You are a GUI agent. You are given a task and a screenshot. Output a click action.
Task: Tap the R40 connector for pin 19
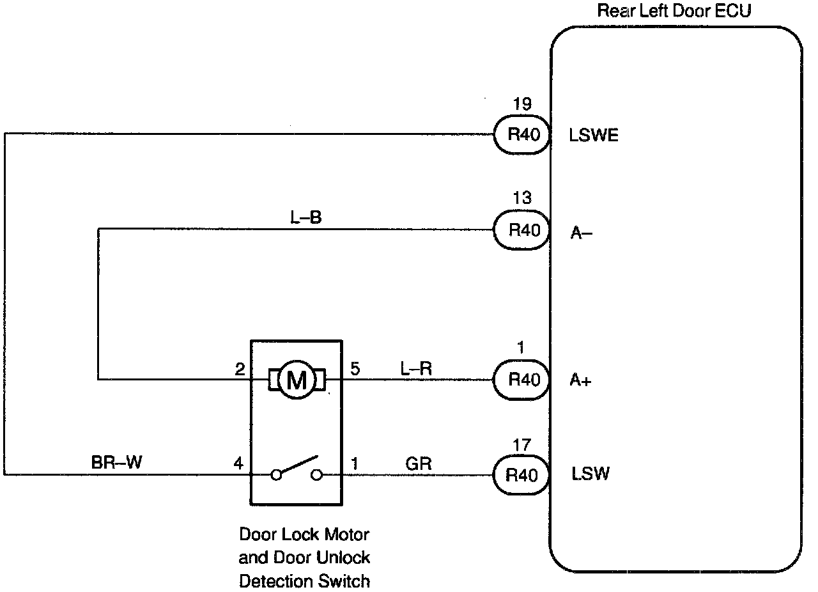click(x=523, y=135)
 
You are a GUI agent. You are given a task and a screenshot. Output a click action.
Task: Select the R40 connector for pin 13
click(x=523, y=230)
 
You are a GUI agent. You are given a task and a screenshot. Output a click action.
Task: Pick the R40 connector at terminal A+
click(x=523, y=380)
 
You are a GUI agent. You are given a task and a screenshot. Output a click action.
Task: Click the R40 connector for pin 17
click(x=523, y=475)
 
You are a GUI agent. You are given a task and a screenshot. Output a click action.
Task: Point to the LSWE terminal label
click(x=594, y=136)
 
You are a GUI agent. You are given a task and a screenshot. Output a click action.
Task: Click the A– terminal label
click(x=581, y=233)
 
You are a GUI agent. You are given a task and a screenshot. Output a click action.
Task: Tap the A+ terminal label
click(x=580, y=380)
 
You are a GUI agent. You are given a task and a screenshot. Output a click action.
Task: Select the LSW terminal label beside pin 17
click(x=590, y=474)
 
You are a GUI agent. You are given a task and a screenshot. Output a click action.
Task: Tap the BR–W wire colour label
click(x=117, y=463)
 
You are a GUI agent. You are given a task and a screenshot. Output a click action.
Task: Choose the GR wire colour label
click(x=419, y=463)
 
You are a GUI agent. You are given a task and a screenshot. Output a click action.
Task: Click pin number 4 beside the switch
click(x=238, y=463)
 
